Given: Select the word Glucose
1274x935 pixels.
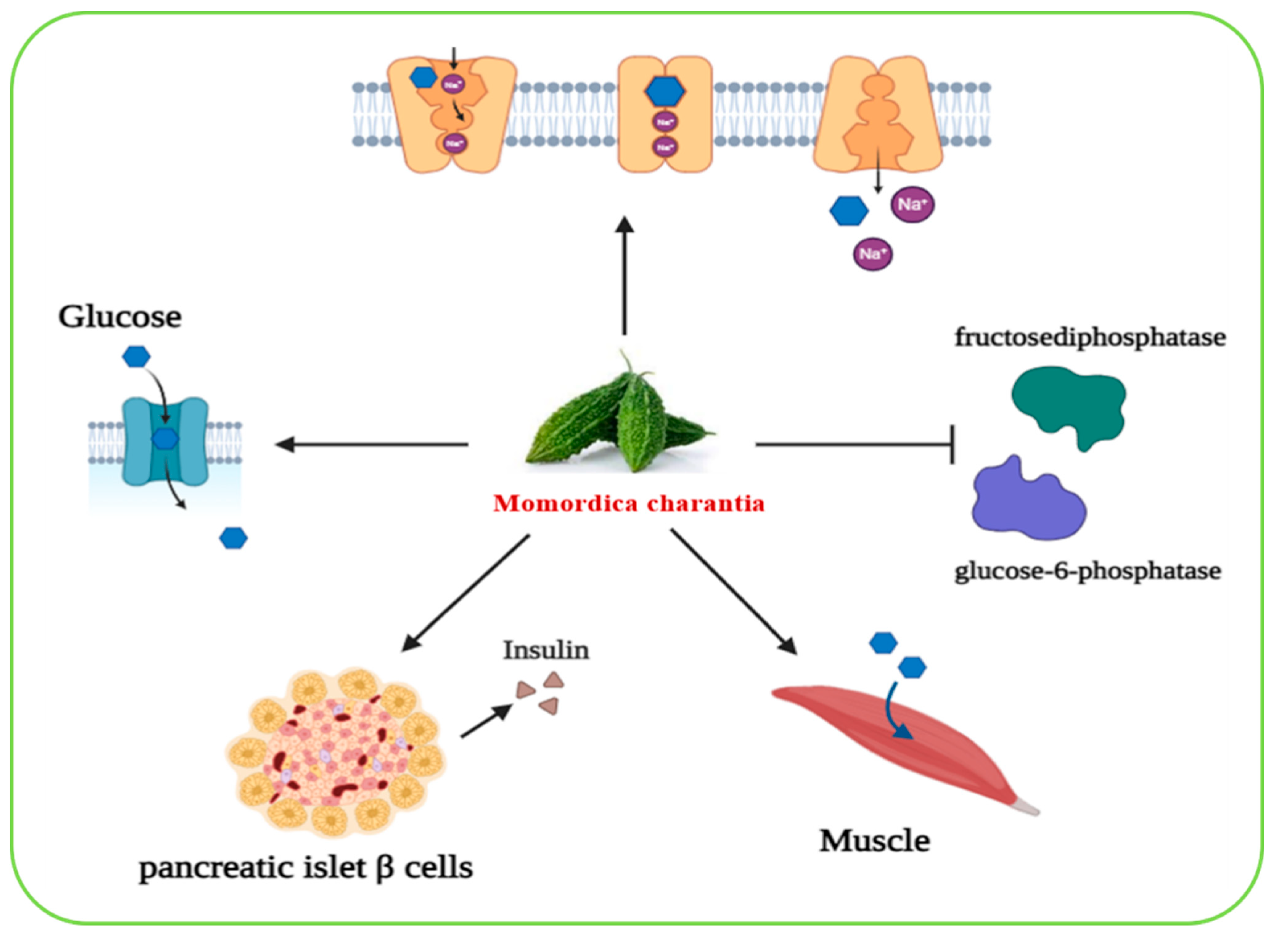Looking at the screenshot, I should tap(120, 317).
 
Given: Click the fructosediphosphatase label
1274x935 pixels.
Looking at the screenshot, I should tap(1089, 337).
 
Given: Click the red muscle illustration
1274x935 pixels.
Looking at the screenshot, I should tap(906, 747).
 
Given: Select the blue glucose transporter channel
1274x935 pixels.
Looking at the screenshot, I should tap(165, 441).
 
